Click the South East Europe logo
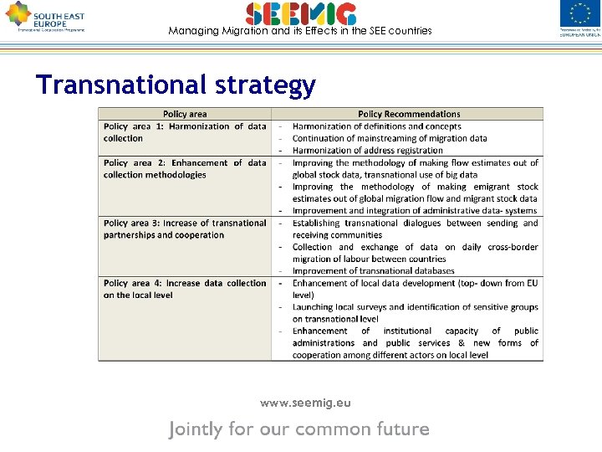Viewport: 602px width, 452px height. pos(45,17)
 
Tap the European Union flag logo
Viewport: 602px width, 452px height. pos(579,18)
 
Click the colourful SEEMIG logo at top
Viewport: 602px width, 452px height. pos(301,13)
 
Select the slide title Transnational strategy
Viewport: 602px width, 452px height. pos(176,85)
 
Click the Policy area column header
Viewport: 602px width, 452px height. pos(185,114)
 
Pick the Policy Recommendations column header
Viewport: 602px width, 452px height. pos(409,114)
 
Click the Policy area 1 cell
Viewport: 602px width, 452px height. pos(185,132)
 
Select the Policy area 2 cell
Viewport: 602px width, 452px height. pos(185,169)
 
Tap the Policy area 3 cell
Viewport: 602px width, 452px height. pos(185,229)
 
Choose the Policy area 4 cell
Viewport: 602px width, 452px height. pos(185,289)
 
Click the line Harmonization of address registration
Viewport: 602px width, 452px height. pos(367,151)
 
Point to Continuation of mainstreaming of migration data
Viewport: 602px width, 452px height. pos(390,138)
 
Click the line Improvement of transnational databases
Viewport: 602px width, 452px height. pos(373,270)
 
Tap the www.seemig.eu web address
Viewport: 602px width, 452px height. pos(305,403)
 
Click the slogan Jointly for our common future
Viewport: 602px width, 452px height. pos(299,429)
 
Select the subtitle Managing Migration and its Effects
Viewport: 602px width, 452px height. pos(300,31)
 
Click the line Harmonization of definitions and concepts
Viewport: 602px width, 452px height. pos(376,126)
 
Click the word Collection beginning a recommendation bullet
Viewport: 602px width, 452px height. pos(313,247)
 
